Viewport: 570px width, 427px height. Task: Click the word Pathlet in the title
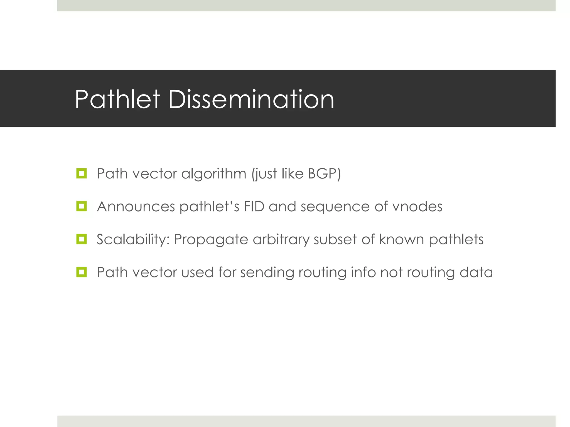click(117, 99)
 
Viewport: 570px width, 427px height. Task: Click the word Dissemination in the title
click(251, 99)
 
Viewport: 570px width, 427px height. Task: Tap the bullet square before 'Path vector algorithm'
click(82, 173)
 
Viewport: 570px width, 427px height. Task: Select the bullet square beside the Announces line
click(82, 206)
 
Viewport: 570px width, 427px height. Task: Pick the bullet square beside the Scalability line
click(82, 239)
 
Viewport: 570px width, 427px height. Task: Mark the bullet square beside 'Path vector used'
click(82, 272)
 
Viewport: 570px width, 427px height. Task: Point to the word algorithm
click(214, 174)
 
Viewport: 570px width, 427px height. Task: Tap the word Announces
click(136, 207)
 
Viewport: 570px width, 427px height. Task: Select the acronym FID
click(254, 207)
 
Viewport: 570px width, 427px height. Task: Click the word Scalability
click(133, 239)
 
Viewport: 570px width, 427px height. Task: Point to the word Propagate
click(211, 240)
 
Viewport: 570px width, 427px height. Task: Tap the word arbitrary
click(281, 240)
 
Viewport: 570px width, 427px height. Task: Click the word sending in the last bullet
click(267, 272)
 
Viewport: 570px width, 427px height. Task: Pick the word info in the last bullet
click(363, 272)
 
